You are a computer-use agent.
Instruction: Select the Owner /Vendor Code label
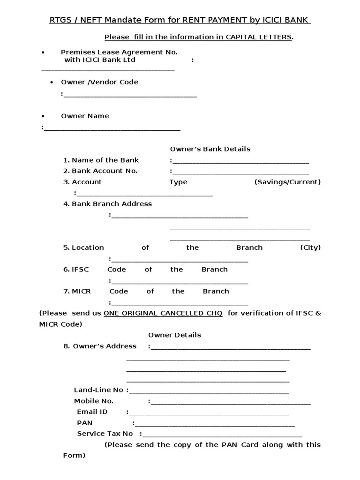pyautogui.click(x=99, y=82)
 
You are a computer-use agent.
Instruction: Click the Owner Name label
pyautogui.click(x=85, y=116)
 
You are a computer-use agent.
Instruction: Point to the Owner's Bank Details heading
pyautogui.click(x=210, y=149)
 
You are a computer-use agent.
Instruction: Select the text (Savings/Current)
pyautogui.click(x=287, y=182)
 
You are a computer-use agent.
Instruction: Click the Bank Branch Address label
pyautogui.click(x=112, y=204)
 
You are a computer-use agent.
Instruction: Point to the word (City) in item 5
pyautogui.click(x=310, y=247)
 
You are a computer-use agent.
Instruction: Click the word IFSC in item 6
pyautogui.click(x=80, y=270)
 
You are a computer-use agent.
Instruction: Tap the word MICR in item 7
pyautogui.click(x=81, y=291)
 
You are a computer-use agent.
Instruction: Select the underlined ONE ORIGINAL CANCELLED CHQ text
pyautogui.click(x=163, y=313)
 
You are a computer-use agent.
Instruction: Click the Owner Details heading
pyautogui.click(x=175, y=335)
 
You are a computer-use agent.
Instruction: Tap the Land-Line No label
pyautogui.click(x=98, y=390)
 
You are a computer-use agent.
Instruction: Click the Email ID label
pyautogui.click(x=92, y=412)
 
